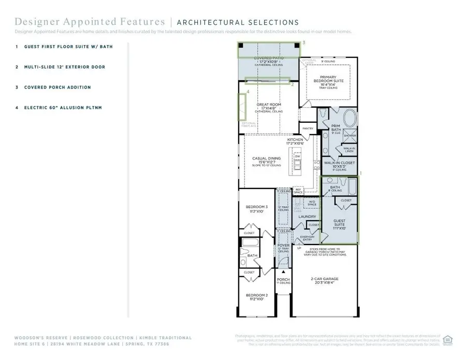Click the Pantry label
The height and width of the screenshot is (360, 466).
coord(308,128)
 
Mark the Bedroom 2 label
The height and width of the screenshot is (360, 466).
coord(256,297)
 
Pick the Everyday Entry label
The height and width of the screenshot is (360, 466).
coord(307,238)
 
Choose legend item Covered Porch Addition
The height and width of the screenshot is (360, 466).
coord(57,88)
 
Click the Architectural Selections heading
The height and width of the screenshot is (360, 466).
coord(238,22)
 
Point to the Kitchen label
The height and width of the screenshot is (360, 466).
coord(296,140)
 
